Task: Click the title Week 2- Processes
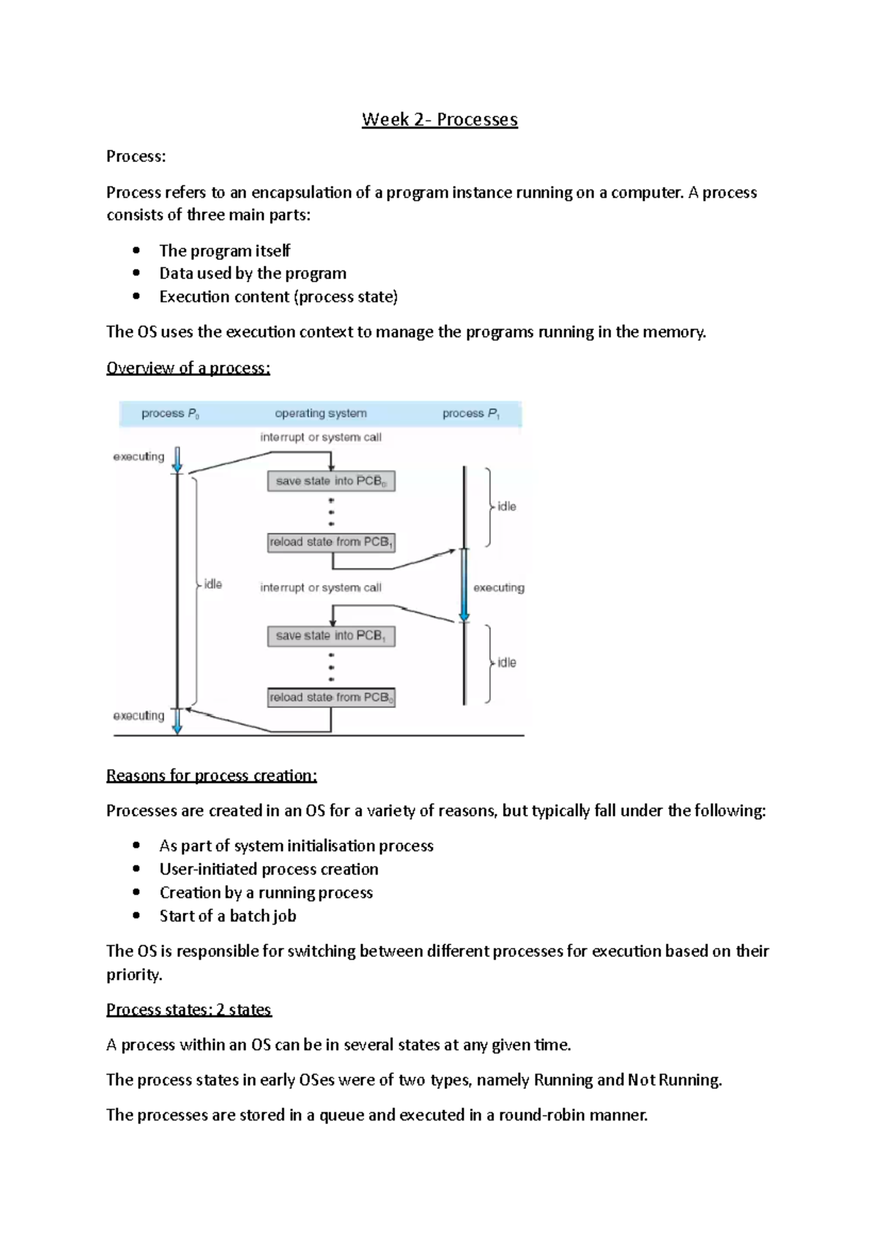[x=439, y=119]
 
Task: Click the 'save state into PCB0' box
[x=331, y=481]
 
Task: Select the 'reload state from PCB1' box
[x=331, y=542]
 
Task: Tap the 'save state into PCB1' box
[x=331, y=636]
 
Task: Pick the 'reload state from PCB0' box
[x=331, y=697]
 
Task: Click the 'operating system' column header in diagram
[x=321, y=413]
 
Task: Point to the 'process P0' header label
[x=170, y=413]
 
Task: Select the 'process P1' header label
[x=471, y=413]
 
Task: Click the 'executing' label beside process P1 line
[x=499, y=588]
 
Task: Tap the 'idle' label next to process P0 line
[x=212, y=584]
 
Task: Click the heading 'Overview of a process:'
[x=188, y=368]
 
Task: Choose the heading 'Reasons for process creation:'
[x=212, y=775]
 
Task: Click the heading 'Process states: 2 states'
[x=189, y=1010]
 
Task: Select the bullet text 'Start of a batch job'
[x=228, y=916]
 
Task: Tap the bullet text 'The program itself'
[x=225, y=251]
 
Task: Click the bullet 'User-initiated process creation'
[x=269, y=869]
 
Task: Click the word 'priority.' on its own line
[x=134, y=974]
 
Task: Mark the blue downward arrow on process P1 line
[x=464, y=586]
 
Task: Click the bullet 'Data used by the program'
[x=253, y=273]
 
